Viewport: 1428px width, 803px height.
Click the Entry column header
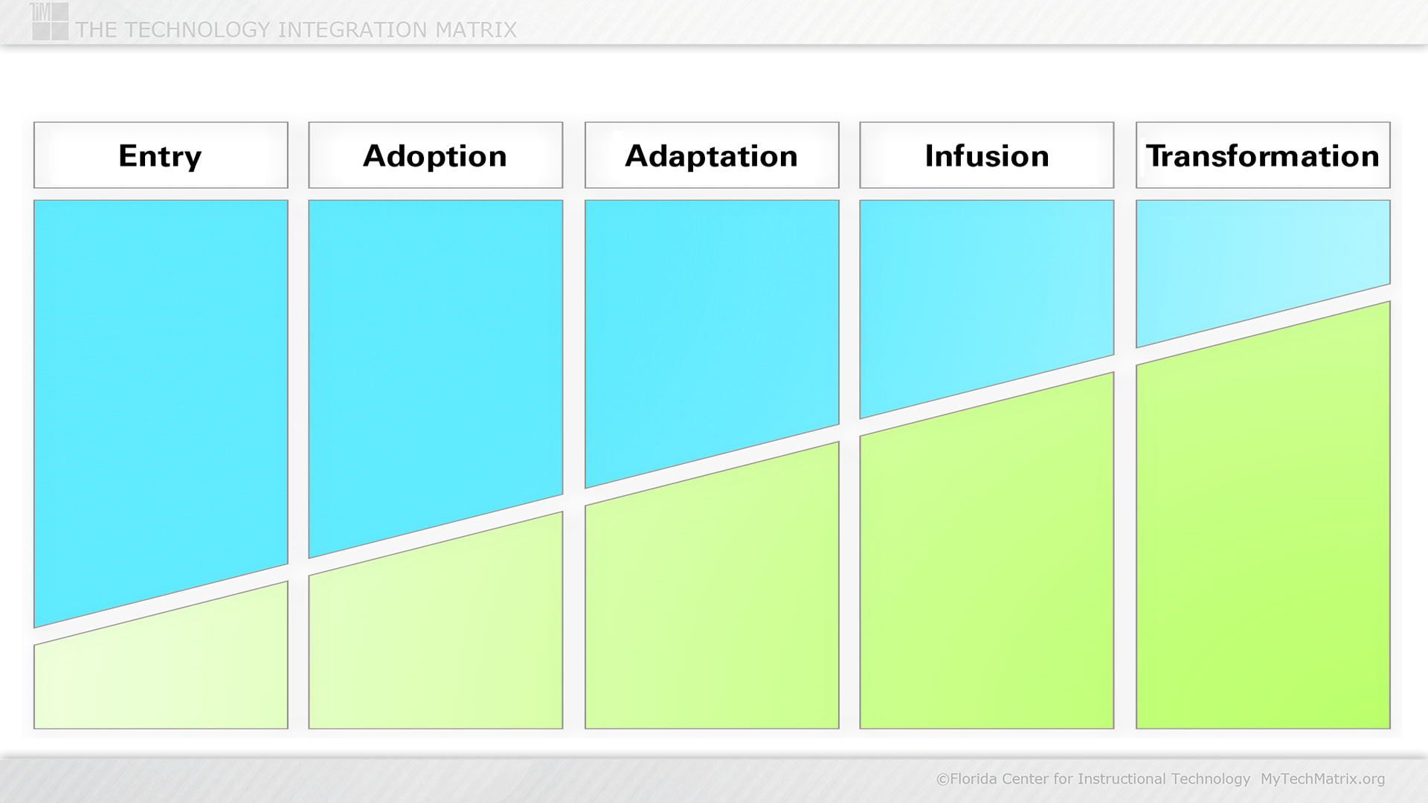161,155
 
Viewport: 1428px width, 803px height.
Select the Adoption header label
436,155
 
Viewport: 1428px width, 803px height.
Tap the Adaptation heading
712,155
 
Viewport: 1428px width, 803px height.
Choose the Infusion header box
987,155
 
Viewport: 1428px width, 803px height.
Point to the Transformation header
1263,155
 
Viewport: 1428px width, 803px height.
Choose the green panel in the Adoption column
436,639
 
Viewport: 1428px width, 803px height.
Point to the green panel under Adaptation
712,602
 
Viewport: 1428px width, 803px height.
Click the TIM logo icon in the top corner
50,21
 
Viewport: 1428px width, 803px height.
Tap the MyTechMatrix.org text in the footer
1322,778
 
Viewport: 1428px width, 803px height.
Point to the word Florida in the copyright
974,778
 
